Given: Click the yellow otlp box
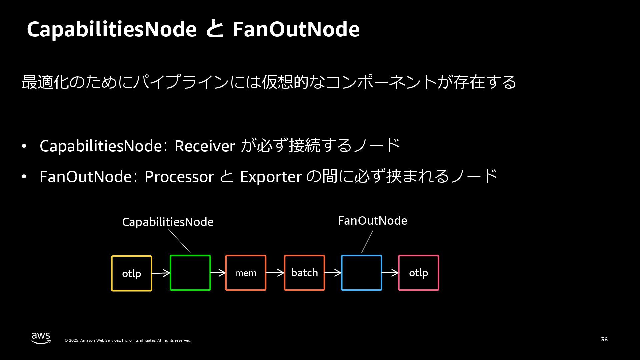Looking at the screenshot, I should [x=131, y=273].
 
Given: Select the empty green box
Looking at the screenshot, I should [x=190, y=273].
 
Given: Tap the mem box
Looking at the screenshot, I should [x=246, y=273].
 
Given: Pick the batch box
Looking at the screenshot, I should [x=304, y=273].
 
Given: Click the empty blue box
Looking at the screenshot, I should [x=362, y=273].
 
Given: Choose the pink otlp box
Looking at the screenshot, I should [x=419, y=273].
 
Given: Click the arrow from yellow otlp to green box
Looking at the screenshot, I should [x=161, y=273].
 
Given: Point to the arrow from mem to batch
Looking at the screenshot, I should [x=275, y=273].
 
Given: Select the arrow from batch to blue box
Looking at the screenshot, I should [x=333, y=273].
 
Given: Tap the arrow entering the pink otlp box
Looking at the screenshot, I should [x=390, y=273].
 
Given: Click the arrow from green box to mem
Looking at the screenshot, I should [x=218, y=273].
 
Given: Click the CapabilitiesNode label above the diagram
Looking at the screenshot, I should [x=168, y=222].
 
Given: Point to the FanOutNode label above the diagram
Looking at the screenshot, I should [x=372, y=221].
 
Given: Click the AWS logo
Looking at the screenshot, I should [x=41, y=338].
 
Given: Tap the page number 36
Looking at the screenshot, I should [x=604, y=339].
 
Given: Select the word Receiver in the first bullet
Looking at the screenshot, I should [x=205, y=146].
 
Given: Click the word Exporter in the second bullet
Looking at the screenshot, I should [x=271, y=177].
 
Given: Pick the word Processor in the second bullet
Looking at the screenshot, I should [x=179, y=177].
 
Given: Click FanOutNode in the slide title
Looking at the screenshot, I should [x=296, y=29].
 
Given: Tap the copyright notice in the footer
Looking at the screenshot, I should [x=128, y=340].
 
